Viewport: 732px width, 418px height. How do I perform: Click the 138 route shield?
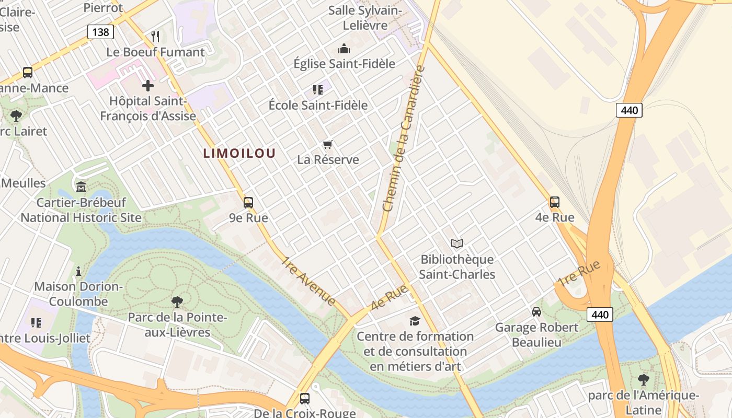[x=100, y=32]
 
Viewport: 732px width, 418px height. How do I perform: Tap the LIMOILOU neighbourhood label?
[x=239, y=153]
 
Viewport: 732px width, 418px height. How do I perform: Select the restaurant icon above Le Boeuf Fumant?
[x=155, y=36]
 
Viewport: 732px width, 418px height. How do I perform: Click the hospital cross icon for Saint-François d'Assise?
[x=148, y=85]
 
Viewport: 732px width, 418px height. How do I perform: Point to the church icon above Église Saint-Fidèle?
[x=344, y=49]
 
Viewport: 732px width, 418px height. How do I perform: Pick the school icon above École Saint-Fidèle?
[x=318, y=90]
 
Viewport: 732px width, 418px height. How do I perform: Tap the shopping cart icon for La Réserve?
[x=328, y=144]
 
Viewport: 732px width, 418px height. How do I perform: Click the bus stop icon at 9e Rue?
[x=248, y=202]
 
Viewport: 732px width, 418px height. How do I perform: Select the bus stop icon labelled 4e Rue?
[x=555, y=202]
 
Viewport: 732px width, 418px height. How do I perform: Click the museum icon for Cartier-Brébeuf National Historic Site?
[x=81, y=187]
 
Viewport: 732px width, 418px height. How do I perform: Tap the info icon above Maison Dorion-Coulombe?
[x=78, y=271]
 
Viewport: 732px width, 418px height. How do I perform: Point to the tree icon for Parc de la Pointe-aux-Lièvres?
[x=177, y=301]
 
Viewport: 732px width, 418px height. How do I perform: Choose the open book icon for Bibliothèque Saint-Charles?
[x=457, y=243]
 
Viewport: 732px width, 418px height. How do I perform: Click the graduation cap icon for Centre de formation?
[x=415, y=320]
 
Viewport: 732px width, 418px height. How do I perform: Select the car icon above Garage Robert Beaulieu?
[x=536, y=312]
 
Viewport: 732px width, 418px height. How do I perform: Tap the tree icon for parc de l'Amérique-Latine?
[x=644, y=379]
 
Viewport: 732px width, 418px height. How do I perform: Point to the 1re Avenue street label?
[x=309, y=281]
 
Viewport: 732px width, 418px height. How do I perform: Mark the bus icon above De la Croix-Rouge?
[x=305, y=399]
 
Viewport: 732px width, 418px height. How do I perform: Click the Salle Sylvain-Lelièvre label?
[x=365, y=18]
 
